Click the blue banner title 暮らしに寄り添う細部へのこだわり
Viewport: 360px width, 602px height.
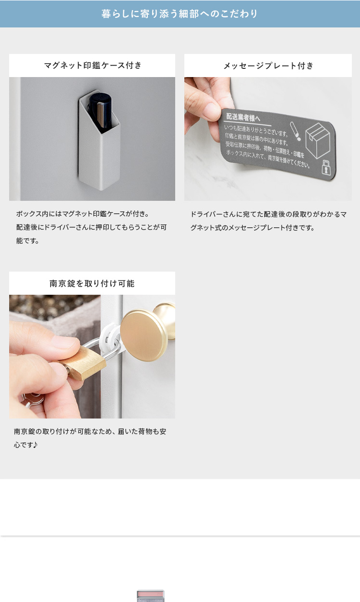coord(180,13)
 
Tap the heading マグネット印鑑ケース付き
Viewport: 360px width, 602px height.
coord(93,65)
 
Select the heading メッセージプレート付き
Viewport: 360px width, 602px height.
coord(269,65)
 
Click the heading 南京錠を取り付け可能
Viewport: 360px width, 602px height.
coord(92,284)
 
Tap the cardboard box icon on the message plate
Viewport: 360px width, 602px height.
coord(318,140)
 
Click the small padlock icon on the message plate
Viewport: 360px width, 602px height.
coord(326,168)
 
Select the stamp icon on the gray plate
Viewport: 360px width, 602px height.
coord(295,131)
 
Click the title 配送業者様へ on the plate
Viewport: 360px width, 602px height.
coord(243,118)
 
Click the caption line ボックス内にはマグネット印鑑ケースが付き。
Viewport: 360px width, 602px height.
coord(82,214)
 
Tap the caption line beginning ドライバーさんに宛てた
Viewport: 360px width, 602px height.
coord(269,214)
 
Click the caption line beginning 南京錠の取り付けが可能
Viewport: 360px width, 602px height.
coord(90,432)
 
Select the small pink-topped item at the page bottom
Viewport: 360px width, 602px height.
coord(151,596)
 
